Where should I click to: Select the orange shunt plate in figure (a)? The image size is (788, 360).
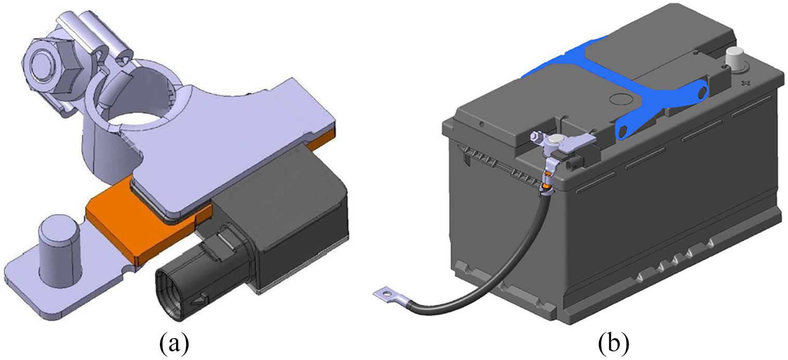[148, 225]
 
